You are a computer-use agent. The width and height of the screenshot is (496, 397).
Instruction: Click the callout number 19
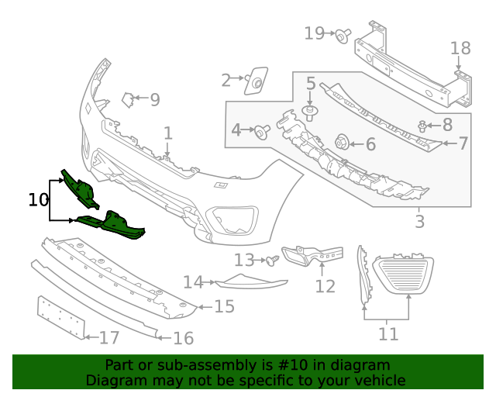tap(314, 33)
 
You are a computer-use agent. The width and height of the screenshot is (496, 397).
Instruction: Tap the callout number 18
tap(460, 49)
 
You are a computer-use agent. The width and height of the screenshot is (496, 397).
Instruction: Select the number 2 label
tap(226, 80)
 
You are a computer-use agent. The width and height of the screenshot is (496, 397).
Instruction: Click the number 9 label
tap(155, 100)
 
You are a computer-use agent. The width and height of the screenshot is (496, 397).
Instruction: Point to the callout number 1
tap(168, 134)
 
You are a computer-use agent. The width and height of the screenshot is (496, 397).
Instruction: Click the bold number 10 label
tap(38, 200)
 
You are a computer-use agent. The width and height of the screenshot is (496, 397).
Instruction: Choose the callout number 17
tap(109, 338)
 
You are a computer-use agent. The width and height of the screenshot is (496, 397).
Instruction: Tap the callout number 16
tap(184, 338)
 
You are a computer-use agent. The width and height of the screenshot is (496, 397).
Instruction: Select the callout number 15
tap(224, 307)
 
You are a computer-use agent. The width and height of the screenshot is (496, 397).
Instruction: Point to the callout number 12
tap(325, 287)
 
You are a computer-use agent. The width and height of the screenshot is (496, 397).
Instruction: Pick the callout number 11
tap(388, 334)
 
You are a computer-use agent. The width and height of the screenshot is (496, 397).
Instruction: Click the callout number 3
tap(419, 223)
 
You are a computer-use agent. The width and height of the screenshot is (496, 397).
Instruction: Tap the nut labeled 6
tap(340, 143)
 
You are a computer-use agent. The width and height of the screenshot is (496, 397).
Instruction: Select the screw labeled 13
tap(272, 261)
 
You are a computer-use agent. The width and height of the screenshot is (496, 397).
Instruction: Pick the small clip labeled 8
tap(423, 125)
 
